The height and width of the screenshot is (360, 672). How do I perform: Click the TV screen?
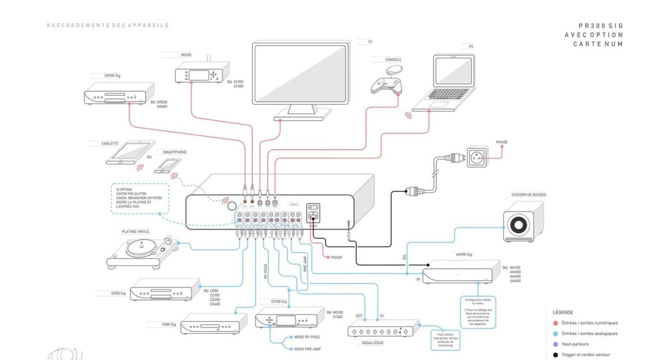[300, 74]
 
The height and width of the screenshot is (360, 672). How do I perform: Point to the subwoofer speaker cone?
[518, 225]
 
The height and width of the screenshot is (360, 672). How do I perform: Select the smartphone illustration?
[168, 165]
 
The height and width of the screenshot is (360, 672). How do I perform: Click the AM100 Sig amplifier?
[460, 273]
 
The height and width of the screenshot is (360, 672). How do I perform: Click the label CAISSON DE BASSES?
[528, 195]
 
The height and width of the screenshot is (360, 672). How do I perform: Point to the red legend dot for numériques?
[555, 323]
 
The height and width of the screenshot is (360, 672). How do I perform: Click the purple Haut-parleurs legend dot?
[555, 344]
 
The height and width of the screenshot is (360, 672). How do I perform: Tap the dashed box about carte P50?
[140, 198]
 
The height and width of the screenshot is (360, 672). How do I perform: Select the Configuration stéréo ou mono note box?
[478, 312]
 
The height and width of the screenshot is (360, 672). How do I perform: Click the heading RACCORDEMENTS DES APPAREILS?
[108, 26]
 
